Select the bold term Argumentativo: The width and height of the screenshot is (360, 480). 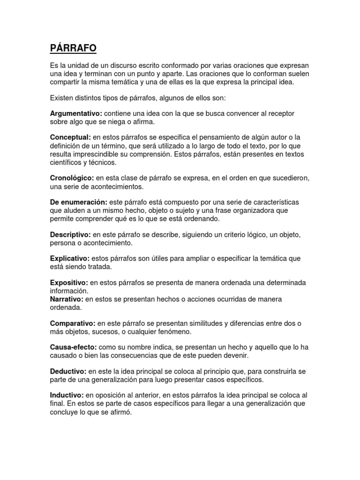(x=76, y=114)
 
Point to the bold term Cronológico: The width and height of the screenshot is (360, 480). (x=72, y=178)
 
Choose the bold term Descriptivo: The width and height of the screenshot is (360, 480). (x=70, y=234)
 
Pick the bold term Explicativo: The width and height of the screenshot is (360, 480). (x=70, y=258)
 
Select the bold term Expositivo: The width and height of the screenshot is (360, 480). (x=69, y=283)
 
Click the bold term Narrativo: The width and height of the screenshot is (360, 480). (x=67, y=299)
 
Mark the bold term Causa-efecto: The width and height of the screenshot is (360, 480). (x=74, y=347)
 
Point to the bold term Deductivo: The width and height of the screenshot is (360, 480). (x=68, y=371)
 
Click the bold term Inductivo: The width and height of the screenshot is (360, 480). (x=67, y=395)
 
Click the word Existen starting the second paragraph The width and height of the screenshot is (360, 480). (x=61, y=98)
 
